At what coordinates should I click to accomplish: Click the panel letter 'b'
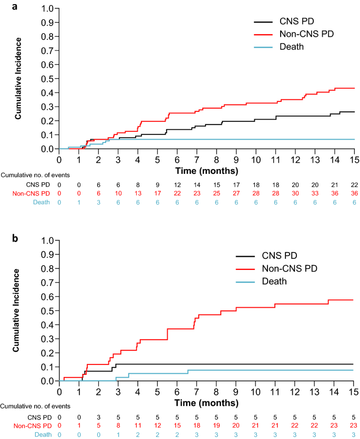[4, 237]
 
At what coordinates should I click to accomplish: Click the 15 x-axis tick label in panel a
[354, 160]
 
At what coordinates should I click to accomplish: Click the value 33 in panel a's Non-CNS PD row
[315, 193]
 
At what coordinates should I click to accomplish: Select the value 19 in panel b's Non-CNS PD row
[217, 425]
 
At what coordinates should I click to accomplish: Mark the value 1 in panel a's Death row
[79, 203]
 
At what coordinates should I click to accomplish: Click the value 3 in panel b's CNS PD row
[98, 416]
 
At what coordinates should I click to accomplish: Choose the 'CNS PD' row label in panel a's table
[38, 184]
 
